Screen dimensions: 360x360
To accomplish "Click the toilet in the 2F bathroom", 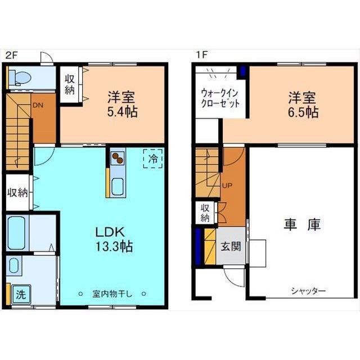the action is click(x=20, y=78).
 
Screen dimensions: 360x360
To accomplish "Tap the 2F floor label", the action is click(x=11, y=55).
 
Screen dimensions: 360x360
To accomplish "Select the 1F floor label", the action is click(x=201, y=55).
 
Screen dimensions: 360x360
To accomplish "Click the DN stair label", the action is click(x=38, y=105).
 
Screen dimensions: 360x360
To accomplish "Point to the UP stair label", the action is click(x=227, y=185).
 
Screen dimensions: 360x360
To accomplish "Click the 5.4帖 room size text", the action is click(x=123, y=112).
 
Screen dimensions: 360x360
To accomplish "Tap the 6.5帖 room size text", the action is click(x=303, y=112).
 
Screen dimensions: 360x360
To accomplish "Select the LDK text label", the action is click(x=110, y=232).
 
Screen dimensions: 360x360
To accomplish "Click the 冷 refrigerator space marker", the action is click(x=153, y=159).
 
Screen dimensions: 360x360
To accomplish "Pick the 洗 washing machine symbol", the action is click(x=21, y=294).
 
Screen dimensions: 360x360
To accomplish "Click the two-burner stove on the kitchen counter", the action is click(x=118, y=158).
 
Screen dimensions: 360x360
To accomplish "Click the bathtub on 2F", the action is click(x=16, y=232).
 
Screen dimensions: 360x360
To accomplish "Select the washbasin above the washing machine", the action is click(x=14, y=266).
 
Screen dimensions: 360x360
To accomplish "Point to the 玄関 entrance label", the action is click(x=231, y=246).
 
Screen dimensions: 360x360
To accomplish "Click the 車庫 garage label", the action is click(x=302, y=224).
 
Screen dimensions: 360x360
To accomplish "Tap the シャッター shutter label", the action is click(x=308, y=291).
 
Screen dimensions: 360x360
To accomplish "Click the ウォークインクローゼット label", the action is click(x=220, y=98).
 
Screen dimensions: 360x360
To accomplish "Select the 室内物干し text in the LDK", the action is click(x=112, y=294).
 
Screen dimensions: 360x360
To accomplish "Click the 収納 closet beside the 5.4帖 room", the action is click(x=70, y=84).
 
